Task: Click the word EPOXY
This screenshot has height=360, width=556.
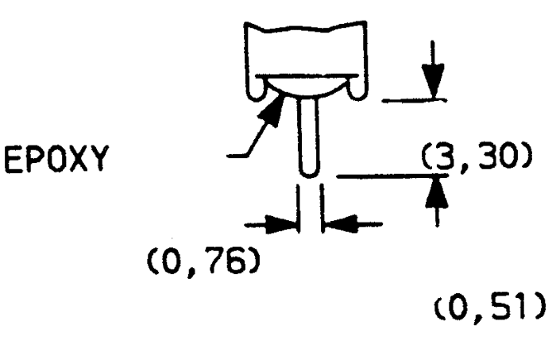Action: (56, 159)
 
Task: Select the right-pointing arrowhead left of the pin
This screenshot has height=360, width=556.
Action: (281, 224)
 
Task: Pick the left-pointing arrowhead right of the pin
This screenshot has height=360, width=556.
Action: (340, 224)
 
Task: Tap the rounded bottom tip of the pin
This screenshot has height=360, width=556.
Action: (309, 173)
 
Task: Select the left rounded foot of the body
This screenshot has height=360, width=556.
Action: (257, 93)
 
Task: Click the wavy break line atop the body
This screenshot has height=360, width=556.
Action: (306, 28)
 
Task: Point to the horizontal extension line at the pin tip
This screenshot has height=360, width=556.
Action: (392, 176)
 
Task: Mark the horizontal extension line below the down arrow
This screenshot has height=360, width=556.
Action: (414, 101)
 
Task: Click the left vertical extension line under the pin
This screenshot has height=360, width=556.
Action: (298, 208)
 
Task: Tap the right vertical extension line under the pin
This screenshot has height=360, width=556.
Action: (322, 208)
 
